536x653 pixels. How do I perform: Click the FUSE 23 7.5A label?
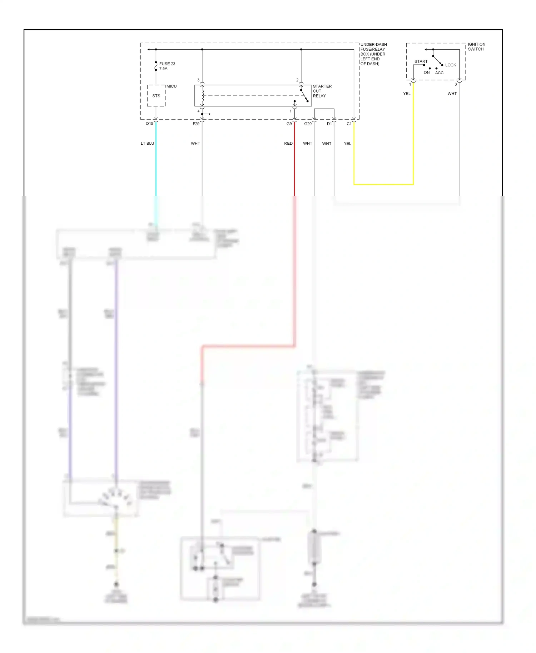167,66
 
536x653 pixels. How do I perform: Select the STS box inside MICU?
156,96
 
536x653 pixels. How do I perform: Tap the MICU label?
172,86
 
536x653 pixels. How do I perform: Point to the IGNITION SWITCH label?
476,47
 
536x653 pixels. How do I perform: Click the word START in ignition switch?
421,61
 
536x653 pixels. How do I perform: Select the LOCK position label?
451,65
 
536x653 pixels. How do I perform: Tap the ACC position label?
439,73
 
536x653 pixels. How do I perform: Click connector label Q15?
149,124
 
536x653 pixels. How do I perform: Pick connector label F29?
196,124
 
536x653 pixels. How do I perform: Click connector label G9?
289,124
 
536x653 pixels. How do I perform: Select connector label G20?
308,124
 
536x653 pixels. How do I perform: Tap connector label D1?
329,124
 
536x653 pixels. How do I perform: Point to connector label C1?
349,124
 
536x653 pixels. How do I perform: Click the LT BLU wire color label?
147,143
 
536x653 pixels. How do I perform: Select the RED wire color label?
288,143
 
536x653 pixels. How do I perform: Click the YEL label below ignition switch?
407,94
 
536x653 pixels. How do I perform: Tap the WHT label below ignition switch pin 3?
452,94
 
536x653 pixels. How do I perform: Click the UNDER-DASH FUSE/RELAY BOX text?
373,54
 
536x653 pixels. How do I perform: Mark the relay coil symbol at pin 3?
203,95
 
